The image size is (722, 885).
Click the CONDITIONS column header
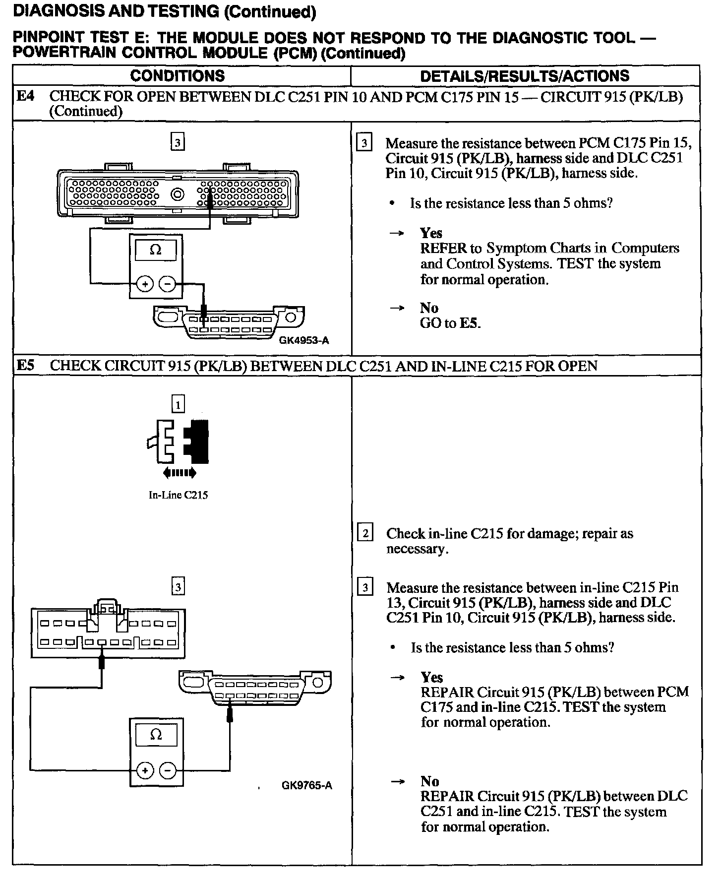click(177, 76)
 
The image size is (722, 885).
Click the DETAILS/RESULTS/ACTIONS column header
click(524, 76)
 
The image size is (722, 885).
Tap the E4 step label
click(26, 96)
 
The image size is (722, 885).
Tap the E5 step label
click(26, 366)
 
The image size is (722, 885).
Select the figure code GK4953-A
click(304, 341)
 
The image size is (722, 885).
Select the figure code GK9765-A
click(306, 785)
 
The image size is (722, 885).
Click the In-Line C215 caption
click(178, 495)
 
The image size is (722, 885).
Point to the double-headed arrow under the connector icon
click(180, 473)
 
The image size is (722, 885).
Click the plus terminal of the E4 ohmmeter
click(145, 284)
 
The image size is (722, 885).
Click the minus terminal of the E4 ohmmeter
click(168, 284)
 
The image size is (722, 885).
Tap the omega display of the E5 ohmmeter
click(156, 735)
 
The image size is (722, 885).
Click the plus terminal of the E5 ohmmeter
click(145, 770)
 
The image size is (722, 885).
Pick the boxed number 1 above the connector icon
click(178, 405)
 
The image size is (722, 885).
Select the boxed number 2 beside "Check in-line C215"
click(365, 534)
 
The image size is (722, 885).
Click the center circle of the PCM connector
click(178, 194)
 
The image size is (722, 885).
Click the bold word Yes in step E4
click(431, 233)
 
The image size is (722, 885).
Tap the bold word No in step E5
click(429, 781)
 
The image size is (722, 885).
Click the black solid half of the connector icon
click(198, 441)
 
